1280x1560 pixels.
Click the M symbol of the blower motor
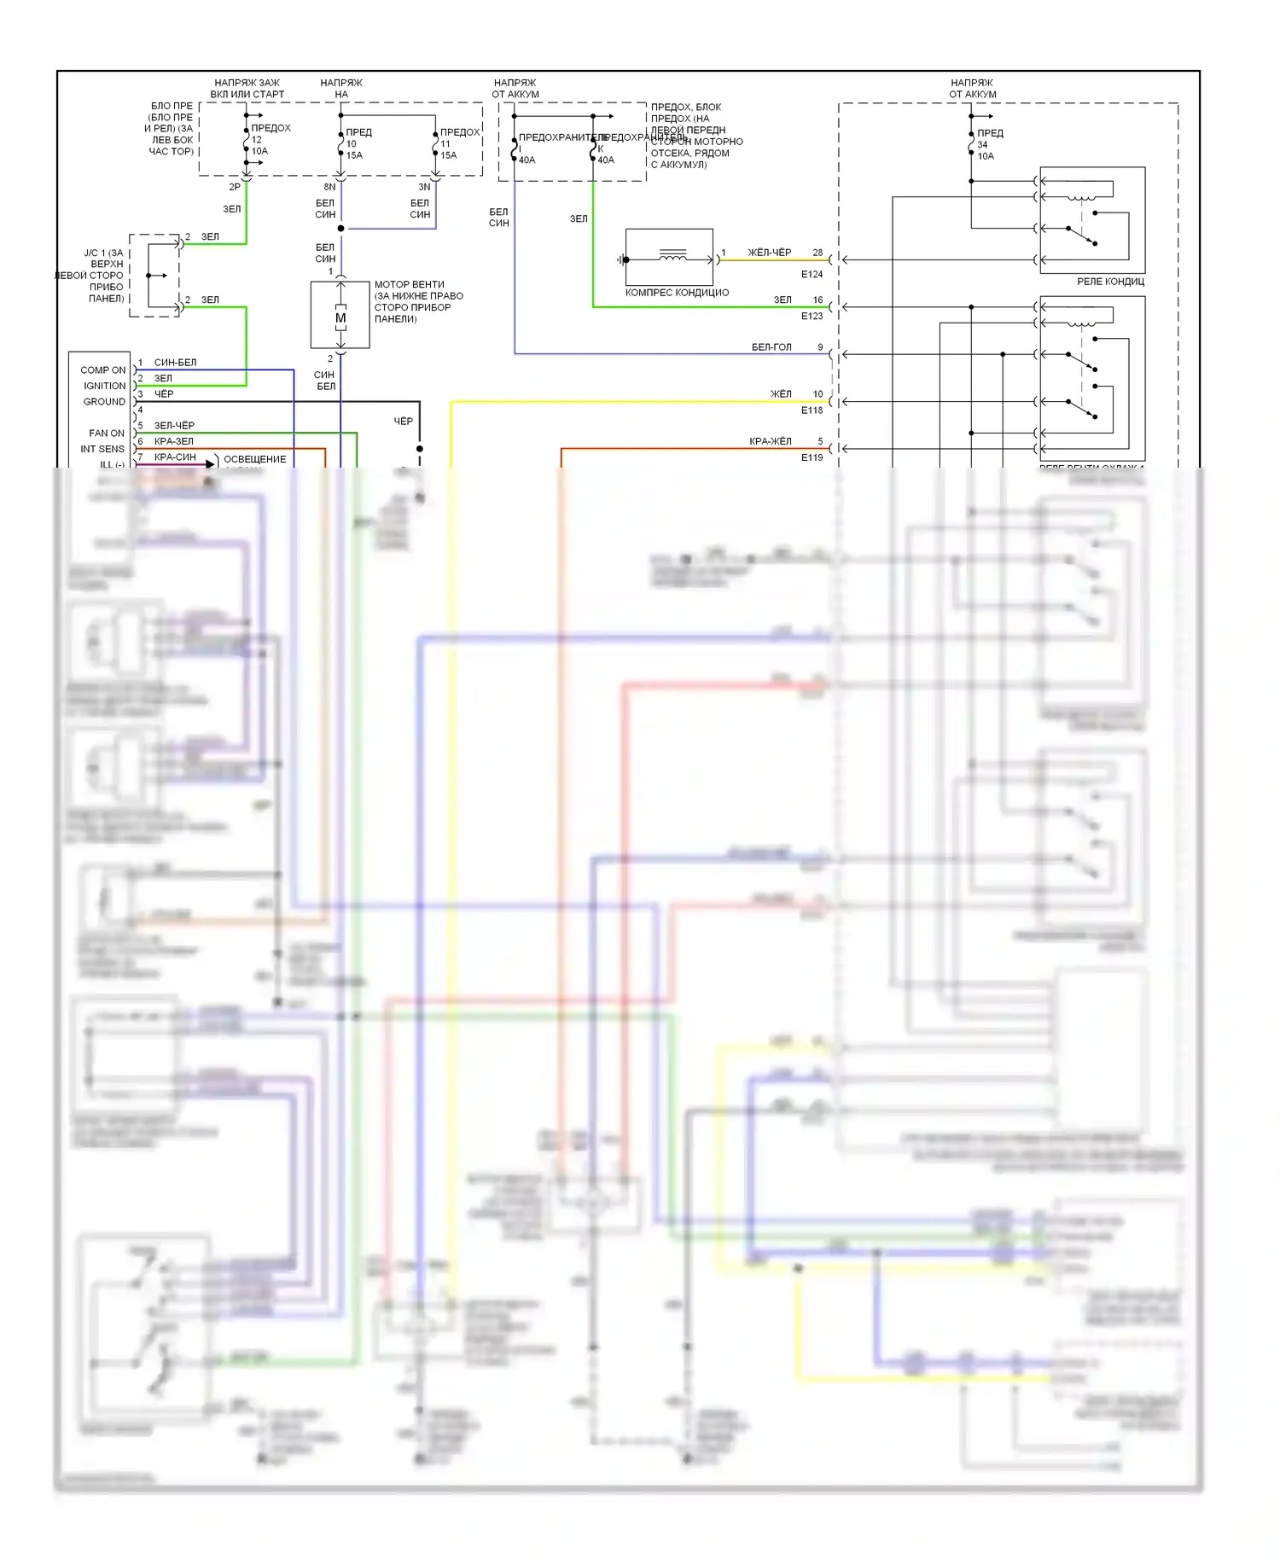tap(340, 318)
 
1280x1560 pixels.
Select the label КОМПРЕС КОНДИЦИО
tap(677, 293)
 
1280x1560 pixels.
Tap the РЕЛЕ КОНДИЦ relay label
tap(1110, 282)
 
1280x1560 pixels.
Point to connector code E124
tap(812, 275)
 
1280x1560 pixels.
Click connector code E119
tap(812, 458)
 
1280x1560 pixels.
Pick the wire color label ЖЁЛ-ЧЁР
tap(769, 253)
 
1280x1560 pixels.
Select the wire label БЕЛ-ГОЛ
tap(771, 347)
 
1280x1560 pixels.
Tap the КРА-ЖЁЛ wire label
tap(770, 441)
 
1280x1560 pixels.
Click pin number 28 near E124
tap(817, 253)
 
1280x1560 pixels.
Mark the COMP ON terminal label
tap(102, 370)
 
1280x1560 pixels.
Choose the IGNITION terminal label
tap(104, 386)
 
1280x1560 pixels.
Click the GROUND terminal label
tap(104, 402)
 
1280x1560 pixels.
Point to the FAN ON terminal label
tap(106, 434)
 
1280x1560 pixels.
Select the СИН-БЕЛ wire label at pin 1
tap(175, 363)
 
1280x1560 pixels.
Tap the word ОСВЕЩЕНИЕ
tap(254, 459)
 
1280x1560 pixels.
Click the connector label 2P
tap(234, 187)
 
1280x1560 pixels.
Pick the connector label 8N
tap(329, 187)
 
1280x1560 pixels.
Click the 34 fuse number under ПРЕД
tap(982, 145)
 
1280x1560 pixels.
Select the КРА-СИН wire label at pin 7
tap(175, 457)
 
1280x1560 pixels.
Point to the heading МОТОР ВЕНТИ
tap(409, 285)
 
